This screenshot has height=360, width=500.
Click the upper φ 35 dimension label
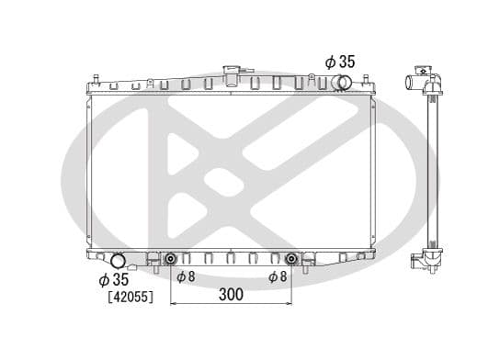(339, 62)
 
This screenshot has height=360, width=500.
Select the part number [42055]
(131, 298)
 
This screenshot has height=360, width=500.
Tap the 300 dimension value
(232, 295)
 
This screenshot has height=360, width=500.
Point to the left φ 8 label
(184, 276)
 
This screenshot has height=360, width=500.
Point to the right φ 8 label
(277, 276)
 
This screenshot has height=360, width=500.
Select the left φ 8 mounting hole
(170, 257)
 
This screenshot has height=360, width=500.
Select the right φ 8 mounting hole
(291, 257)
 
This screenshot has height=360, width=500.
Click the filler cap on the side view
(424, 69)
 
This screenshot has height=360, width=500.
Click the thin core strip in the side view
(431, 165)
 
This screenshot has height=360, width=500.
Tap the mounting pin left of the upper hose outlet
(323, 84)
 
